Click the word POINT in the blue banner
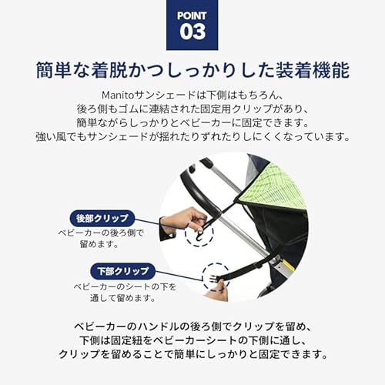pyautogui.click(x=192, y=15)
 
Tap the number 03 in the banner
pyautogui.click(x=192, y=32)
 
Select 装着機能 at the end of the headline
pyautogui.click(x=316, y=70)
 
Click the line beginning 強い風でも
pyautogui.click(x=192, y=137)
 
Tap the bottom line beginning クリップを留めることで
pyautogui.click(x=192, y=355)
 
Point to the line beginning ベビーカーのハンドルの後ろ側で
pyautogui.click(x=192, y=326)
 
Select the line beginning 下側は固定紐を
pyautogui.click(x=192, y=340)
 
